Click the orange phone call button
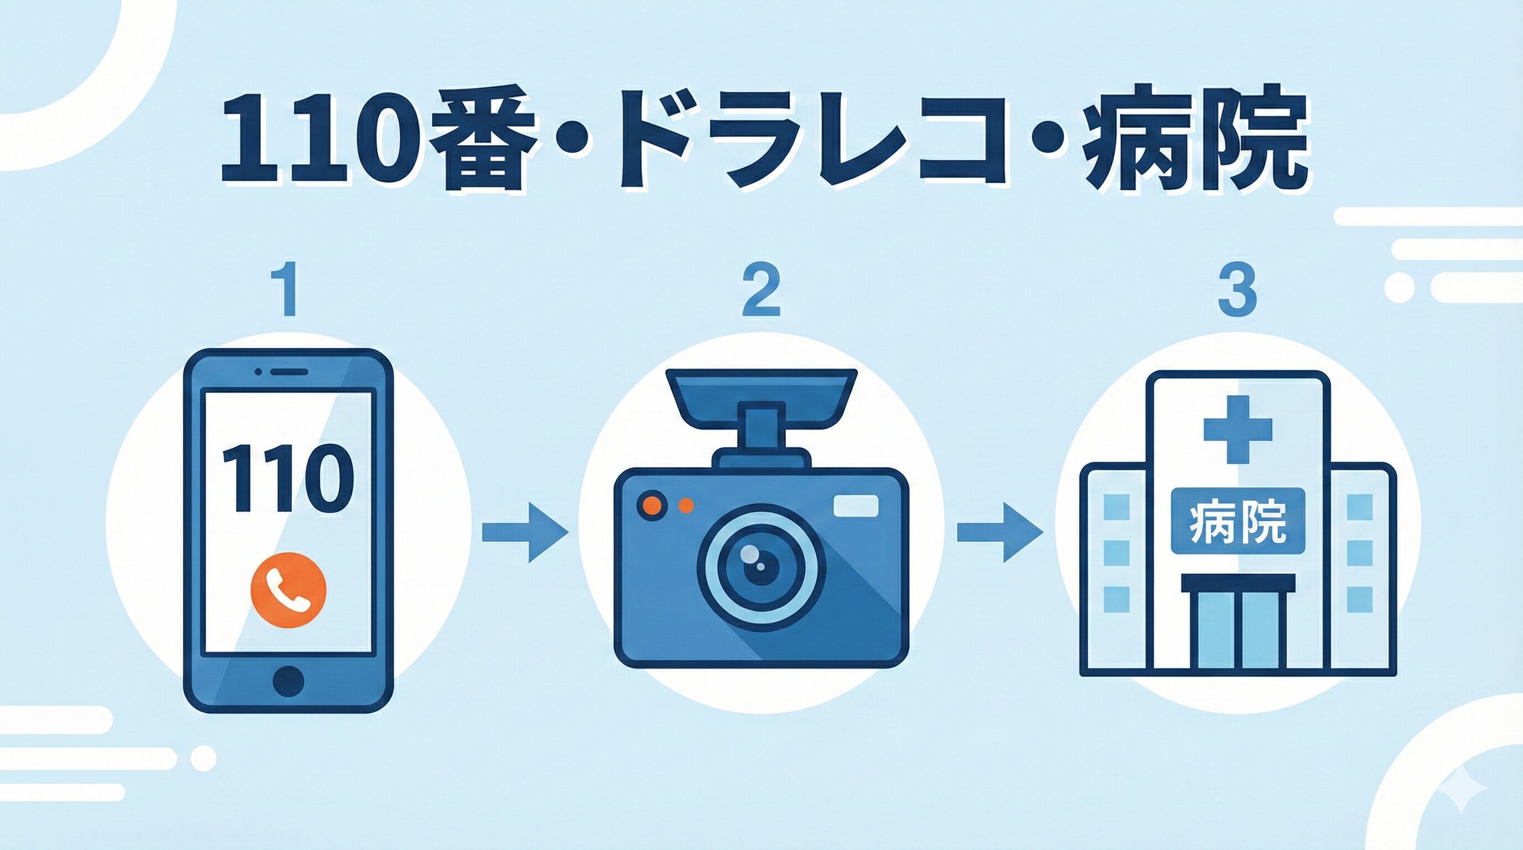pos(288,588)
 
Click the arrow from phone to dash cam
pos(525,532)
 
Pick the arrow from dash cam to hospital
pos(1000,532)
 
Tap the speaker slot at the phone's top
pos(289,372)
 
